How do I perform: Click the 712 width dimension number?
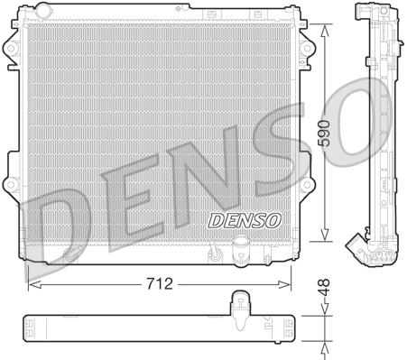tap(160, 284)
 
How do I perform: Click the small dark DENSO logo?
tap(245, 218)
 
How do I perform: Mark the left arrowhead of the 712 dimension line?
tap(33, 284)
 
